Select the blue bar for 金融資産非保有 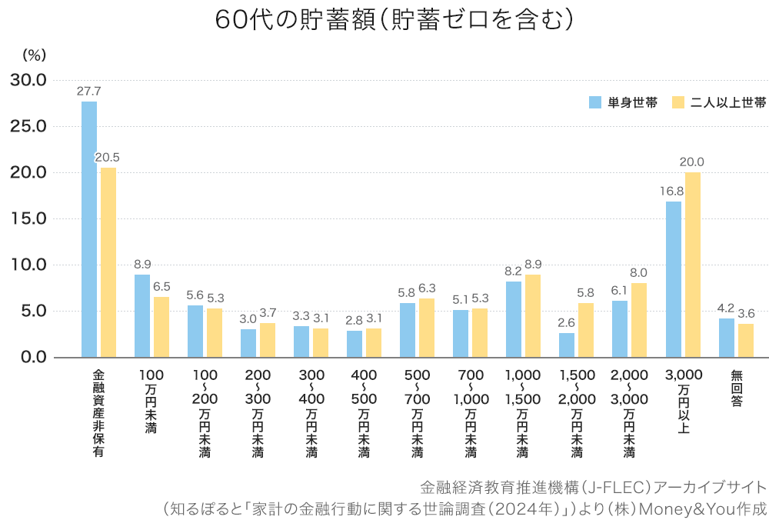(x=89, y=229)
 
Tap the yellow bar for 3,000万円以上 (x=693, y=265)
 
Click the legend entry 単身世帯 (x=623, y=103)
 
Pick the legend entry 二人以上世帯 (x=718, y=103)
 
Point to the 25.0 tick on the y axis (x=28, y=126)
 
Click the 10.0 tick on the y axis (x=28, y=265)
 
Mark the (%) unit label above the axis (x=35, y=55)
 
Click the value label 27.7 (x=89, y=91)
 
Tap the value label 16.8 (x=673, y=191)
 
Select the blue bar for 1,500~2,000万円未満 (x=567, y=345)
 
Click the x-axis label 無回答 (x=736, y=388)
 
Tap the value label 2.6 (x=567, y=322)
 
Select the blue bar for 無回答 (x=727, y=338)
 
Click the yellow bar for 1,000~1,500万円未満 (x=533, y=315)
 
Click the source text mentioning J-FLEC (x=593, y=487)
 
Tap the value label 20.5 (x=108, y=157)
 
